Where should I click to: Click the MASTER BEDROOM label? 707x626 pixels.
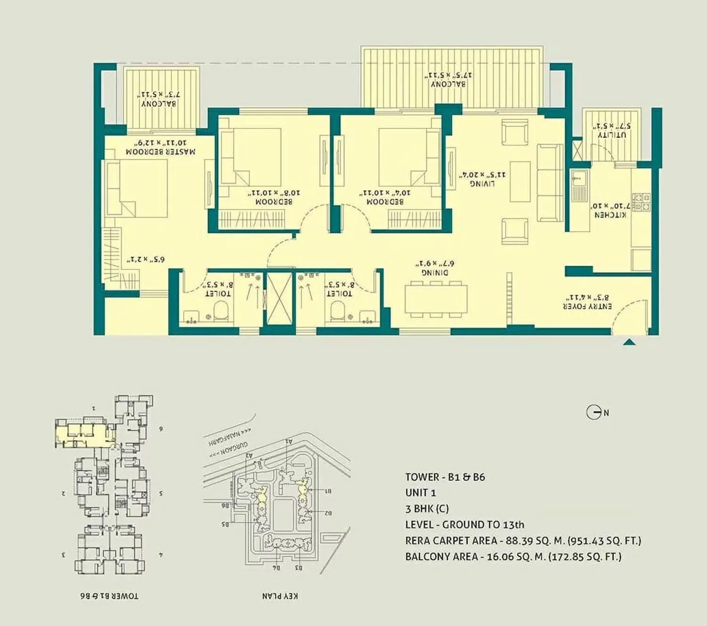point(160,152)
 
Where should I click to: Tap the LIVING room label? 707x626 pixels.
point(482,183)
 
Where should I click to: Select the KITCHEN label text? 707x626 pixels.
point(610,215)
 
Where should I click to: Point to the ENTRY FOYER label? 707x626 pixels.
point(587,306)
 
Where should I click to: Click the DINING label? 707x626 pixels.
point(435,273)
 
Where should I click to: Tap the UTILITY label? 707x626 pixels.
point(612,135)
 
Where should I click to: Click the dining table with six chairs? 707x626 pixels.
point(436,299)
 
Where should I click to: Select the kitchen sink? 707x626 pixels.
point(578,186)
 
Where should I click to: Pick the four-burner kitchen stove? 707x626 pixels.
point(641,202)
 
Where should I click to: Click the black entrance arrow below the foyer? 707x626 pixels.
point(629,342)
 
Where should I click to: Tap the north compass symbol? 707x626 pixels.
point(594,413)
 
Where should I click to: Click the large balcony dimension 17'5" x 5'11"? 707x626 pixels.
point(448,75)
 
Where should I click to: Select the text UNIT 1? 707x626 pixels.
point(420,493)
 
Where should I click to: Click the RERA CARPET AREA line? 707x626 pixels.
point(523,540)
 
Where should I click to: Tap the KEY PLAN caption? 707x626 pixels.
point(280,596)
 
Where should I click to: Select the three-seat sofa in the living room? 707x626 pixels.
point(550,183)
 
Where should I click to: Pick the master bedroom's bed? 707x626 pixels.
point(137,188)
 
